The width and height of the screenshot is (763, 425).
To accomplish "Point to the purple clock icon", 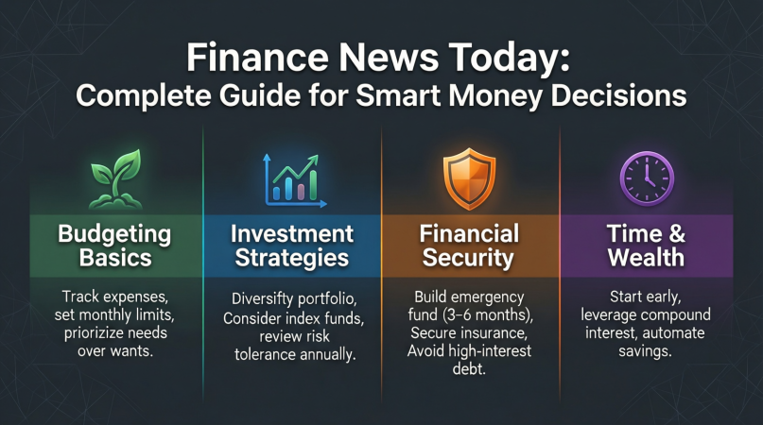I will [647, 177].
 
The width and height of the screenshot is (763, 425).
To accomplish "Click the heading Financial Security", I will [470, 244].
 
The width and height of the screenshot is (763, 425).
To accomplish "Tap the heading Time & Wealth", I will [647, 244].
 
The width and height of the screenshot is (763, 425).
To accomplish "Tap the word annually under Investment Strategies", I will [324, 353].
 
